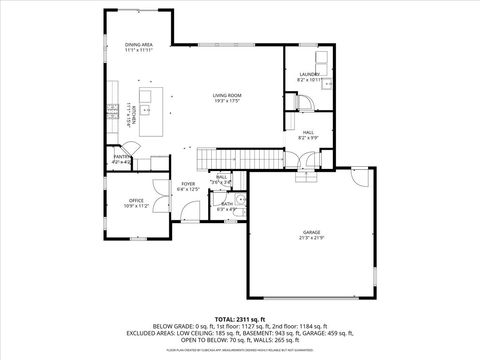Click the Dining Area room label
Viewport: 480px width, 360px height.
point(138,45)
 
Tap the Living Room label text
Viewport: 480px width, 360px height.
point(227,95)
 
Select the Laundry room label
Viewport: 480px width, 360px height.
point(308,75)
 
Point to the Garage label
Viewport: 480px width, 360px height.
point(312,231)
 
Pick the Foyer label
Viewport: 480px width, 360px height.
point(188,184)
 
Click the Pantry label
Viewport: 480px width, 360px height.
point(121,156)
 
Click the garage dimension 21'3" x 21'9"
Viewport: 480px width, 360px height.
point(312,237)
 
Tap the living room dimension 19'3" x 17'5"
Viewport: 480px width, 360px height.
point(227,101)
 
